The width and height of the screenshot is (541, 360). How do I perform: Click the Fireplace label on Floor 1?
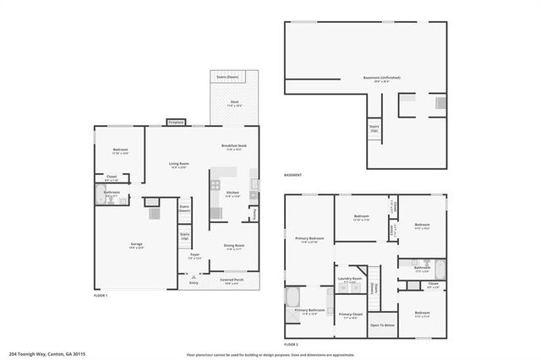[176, 123]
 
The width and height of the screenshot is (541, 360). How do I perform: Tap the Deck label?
[234, 102]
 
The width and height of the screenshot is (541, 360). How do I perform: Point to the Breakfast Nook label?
[233, 146]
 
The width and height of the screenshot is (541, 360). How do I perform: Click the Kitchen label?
[232, 193]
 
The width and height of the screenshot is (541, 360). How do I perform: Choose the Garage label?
[136, 244]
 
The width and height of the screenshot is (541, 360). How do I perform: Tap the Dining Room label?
[234, 245]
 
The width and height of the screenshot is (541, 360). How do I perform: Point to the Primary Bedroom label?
[309, 238]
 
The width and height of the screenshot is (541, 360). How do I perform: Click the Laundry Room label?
[350, 278]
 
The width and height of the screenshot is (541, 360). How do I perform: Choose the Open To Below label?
[383, 325]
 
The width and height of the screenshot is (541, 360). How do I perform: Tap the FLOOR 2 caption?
[292, 345]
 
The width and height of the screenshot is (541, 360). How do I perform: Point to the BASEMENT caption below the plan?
[293, 175]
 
